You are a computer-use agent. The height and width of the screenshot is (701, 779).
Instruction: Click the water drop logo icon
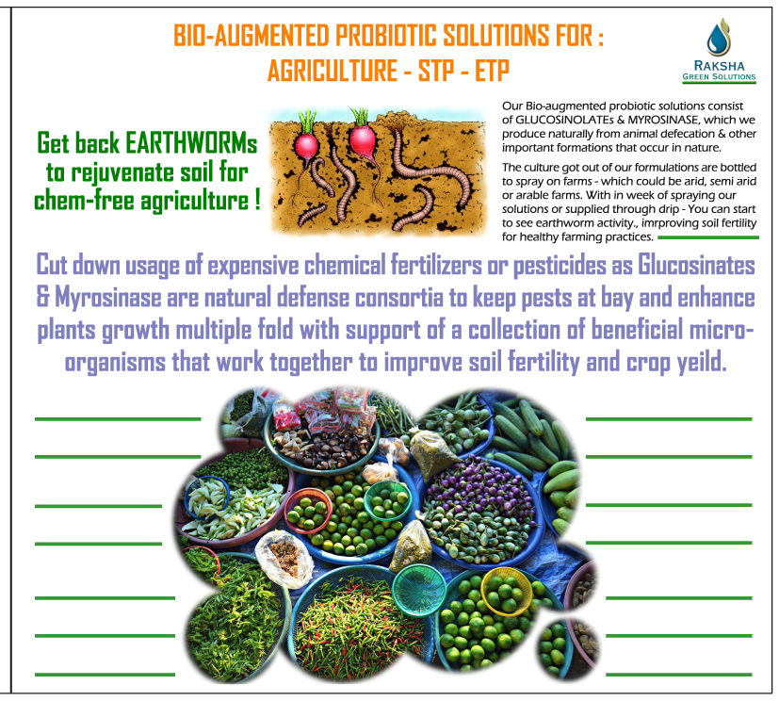(719, 38)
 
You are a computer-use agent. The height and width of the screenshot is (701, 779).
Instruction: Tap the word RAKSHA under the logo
(719, 66)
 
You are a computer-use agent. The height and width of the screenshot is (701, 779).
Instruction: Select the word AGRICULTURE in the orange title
(333, 70)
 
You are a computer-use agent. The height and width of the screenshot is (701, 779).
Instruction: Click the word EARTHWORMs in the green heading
(191, 143)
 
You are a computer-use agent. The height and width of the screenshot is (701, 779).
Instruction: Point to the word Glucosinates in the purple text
(696, 265)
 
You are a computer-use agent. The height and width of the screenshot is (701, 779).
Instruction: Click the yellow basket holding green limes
(506, 591)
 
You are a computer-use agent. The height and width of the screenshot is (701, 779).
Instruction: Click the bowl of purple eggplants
(479, 512)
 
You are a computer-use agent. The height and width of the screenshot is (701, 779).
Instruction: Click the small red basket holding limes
(308, 511)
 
